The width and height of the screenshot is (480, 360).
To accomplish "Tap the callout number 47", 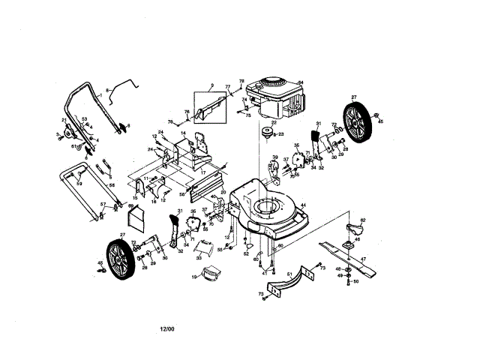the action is click(363, 259).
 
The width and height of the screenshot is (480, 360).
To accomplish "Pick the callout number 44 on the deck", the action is click(303, 205).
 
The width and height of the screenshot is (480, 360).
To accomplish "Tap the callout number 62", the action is click(362, 220).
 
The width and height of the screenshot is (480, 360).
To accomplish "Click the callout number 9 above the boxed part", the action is click(212, 85).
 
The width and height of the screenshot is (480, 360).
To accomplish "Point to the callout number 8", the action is click(107, 89).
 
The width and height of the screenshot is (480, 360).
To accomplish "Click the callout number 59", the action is click(79, 183).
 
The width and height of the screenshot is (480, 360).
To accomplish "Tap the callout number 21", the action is click(64, 120).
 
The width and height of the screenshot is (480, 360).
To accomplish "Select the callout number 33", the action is click(198, 256).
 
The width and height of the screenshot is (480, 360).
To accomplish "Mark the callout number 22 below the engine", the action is click(274, 122).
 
